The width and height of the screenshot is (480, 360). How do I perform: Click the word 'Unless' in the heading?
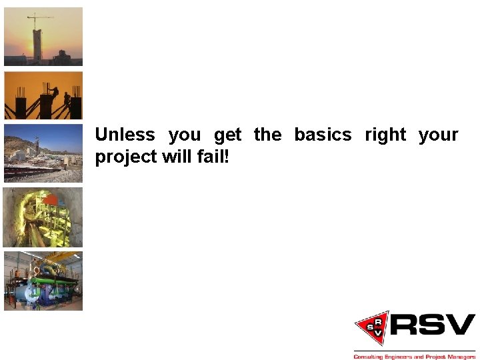pos(125,135)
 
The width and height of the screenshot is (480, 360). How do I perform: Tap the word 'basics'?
pos(323,135)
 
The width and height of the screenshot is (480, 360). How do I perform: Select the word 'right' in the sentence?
pos(385,135)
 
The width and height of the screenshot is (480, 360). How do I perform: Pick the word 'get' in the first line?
pos(227,135)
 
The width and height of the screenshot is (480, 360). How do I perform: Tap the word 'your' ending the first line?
pos(438,135)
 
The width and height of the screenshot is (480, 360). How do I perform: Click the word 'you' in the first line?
pos(184,135)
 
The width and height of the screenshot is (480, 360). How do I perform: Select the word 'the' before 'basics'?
pos(267,135)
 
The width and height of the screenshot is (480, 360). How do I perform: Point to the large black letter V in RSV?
pos(460,325)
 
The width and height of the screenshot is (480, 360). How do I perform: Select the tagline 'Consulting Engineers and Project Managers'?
pos(414,357)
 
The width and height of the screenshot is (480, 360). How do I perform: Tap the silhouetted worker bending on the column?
pos(54,91)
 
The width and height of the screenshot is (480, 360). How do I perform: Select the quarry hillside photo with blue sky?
pos(43,153)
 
